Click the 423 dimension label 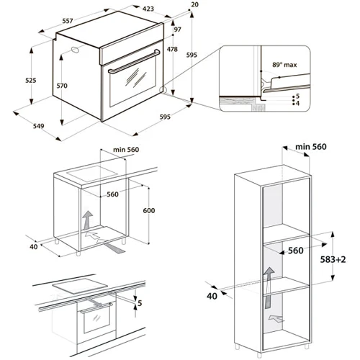tap(148, 9)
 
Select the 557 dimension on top tap(68, 21)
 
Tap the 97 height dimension tap(177, 30)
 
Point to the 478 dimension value tap(172, 49)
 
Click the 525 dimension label tap(31, 80)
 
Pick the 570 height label tap(62, 86)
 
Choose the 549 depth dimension tap(38, 126)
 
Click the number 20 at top tap(195, 4)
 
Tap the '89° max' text tap(284, 65)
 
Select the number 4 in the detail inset tap(297, 104)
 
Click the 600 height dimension tap(149, 210)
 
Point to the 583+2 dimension tap(333, 259)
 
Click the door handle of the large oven tap(135, 61)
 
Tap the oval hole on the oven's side tap(75, 50)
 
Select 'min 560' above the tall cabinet tap(311, 147)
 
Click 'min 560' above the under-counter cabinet tap(126, 150)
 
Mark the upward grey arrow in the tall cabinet tap(269, 287)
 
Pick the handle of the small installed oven tap(96, 308)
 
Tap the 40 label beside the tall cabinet tap(212, 296)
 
